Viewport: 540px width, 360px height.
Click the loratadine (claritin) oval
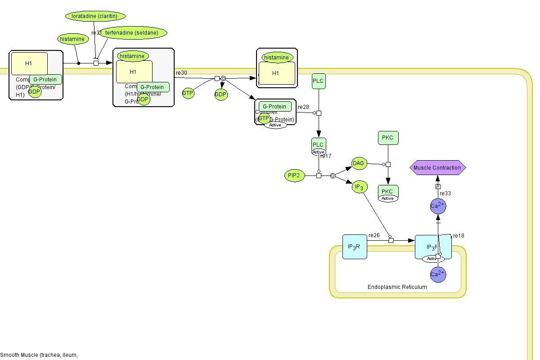click(x=94, y=16)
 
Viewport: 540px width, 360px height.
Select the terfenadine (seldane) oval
click(x=133, y=32)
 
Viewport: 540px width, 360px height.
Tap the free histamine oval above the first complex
click(x=72, y=39)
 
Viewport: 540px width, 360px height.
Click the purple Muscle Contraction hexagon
click(x=437, y=168)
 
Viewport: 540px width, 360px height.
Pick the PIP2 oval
click(x=295, y=176)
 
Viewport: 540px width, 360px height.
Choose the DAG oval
click(x=359, y=164)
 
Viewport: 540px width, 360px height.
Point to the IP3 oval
click(x=359, y=187)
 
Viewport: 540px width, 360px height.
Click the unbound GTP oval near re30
click(x=188, y=93)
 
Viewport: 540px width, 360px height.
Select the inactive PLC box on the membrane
click(x=318, y=81)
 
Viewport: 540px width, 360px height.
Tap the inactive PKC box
click(x=387, y=138)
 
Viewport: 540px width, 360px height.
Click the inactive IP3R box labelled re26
click(x=354, y=247)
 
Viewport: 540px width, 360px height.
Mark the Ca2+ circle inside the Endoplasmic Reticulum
click(x=438, y=274)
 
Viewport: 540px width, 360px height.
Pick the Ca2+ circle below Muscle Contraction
click(x=438, y=206)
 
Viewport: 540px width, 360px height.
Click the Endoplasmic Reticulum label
click(x=397, y=287)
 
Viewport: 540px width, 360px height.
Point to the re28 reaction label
click(x=303, y=107)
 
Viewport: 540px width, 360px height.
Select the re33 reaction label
click(x=445, y=193)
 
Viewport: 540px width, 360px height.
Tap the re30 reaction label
click(x=181, y=73)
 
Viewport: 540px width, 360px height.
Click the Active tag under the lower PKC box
click(x=387, y=198)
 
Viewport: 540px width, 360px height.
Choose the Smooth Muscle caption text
click(x=39, y=355)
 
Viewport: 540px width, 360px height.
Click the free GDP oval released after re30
click(x=220, y=94)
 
